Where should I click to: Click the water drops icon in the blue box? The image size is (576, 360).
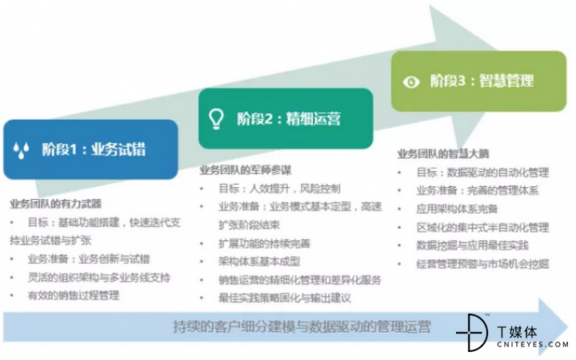(x=21, y=150)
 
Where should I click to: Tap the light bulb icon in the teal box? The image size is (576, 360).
(x=216, y=118)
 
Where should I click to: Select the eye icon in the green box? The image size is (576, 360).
(x=411, y=82)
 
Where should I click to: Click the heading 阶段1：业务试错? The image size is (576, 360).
(x=94, y=150)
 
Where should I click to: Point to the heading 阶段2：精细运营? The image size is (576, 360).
(x=289, y=118)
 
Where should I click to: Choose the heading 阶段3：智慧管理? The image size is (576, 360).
(x=482, y=81)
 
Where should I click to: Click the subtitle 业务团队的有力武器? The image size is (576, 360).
(x=56, y=204)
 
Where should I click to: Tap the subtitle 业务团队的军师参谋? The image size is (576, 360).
(x=246, y=170)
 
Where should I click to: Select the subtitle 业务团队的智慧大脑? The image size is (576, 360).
(x=443, y=154)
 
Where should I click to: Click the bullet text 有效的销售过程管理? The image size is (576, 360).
(x=74, y=295)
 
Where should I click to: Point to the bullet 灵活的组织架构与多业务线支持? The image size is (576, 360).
(x=99, y=278)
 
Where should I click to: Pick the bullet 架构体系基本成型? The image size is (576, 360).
(x=259, y=262)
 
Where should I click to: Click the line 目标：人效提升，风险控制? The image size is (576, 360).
(x=279, y=189)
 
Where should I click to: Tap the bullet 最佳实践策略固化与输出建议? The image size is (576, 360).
(x=285, y=298)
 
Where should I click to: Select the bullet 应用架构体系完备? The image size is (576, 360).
(x=457, y=209)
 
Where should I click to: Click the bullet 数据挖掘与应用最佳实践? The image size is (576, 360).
(x=473, y=246)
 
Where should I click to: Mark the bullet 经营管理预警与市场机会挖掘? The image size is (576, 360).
(x=482, y=264)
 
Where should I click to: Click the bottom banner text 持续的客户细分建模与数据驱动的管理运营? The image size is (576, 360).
(x=302, y=326)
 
